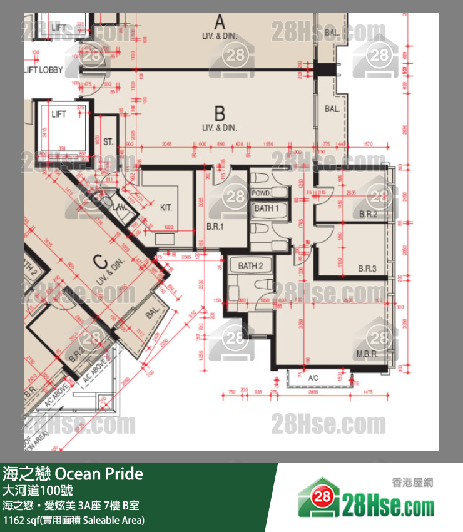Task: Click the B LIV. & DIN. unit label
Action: click(x=220, y=119)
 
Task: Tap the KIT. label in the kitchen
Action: click(x=166, y=208)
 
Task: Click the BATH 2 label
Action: click(x=250, y=266)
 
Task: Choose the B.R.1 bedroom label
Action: click(x=215, y=226)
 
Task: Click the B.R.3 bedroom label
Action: click(x=367, y=269)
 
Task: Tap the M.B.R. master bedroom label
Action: click(x=367, y=354)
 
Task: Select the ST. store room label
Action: click(x=108, y=142)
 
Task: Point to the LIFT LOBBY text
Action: click(x=43, y=70)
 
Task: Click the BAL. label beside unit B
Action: click(x=332, y=108)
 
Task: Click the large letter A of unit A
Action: click(x=219, y=23)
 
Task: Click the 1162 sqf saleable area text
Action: click(x=74, y=520)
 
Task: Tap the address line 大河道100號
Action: click(x=38, y=490)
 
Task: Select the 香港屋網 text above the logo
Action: click(x=412, y=483)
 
